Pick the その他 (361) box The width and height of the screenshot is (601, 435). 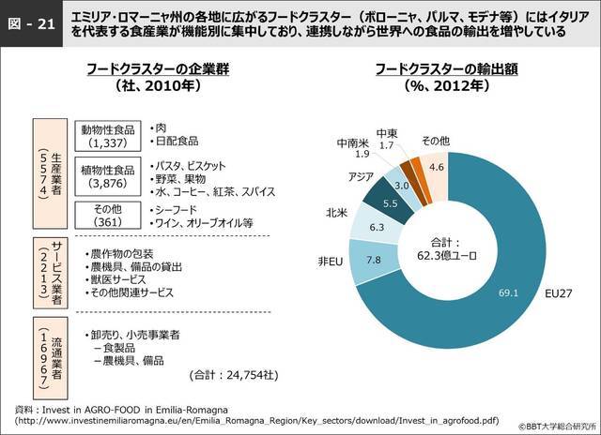(103, 214)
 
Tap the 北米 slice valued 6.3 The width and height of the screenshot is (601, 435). (376, 226)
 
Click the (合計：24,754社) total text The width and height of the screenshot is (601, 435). (233, 375)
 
